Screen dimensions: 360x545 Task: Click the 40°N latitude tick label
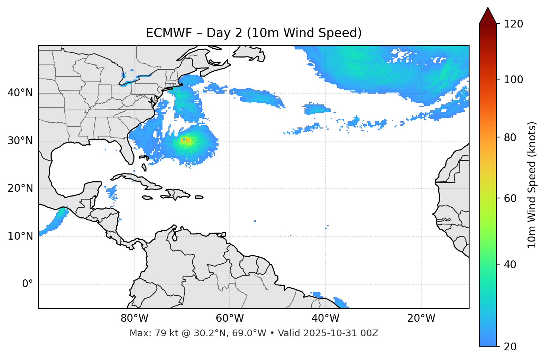point(20,93)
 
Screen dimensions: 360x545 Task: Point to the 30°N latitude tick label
point(20,141)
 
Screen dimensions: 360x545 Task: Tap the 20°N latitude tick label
point(20,188)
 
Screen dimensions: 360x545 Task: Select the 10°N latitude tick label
point(20,236)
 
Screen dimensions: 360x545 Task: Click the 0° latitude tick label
point(27,284)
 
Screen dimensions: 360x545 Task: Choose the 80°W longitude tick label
point(134,318)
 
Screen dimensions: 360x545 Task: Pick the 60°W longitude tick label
point(230,318)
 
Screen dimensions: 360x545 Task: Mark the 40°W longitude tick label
point(326,318)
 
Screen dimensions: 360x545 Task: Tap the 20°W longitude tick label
point(421,318)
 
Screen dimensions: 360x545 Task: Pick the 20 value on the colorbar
point(510,347)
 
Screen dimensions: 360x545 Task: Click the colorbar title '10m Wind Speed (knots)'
point(532,185)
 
